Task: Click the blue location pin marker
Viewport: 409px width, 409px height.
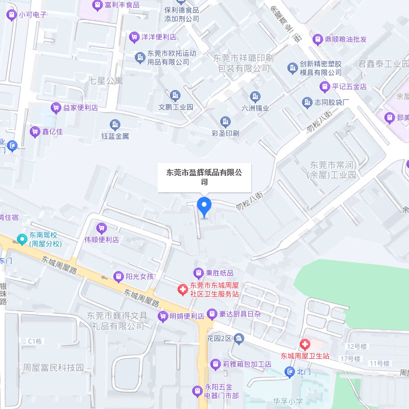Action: tap(204, 206)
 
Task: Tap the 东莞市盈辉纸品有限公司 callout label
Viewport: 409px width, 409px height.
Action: tap(204, 177)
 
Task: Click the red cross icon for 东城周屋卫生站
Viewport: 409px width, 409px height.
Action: tap(304, 345)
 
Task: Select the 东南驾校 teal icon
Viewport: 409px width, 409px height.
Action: tap(22, 238)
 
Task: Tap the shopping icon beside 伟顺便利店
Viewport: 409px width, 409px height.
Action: tap(102, 228)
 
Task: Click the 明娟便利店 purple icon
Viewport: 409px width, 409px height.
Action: tap(163, 316)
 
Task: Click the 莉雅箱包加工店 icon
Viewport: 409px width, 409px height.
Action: tap(216, 363)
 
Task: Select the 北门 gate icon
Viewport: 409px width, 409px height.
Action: tap(290, 371)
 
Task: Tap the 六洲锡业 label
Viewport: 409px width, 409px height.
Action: tap(255, 108)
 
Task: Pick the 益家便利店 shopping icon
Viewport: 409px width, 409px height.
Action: tap(56, 108)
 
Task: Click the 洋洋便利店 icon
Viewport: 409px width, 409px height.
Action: tap(134, 36)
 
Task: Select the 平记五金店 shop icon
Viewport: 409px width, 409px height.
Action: tap(324, 86)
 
